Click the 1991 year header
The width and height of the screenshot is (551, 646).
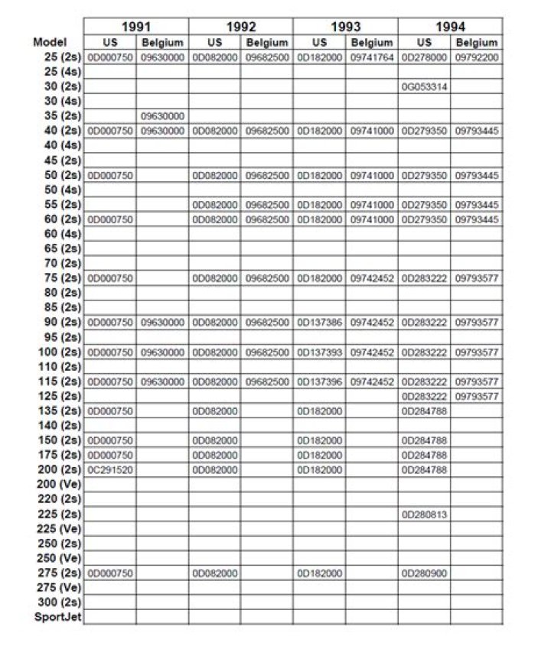[135, 27]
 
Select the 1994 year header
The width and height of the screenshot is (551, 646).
[450, 27]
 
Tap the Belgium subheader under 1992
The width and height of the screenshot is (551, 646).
[267, 43]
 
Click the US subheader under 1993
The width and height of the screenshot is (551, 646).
[319, 43]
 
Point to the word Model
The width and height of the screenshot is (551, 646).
[51, 43]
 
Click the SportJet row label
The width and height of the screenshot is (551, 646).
[58, 616]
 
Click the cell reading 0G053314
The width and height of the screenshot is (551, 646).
[424, 86]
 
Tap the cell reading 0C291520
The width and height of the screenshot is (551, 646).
[110, 469]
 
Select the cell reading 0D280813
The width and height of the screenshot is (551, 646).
[424, 514]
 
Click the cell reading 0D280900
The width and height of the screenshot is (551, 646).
[424, 573]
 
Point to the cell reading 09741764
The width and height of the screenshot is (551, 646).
[372, 57]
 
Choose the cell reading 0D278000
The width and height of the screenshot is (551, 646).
[424, 57]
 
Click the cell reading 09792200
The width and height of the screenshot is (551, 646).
[477, 57]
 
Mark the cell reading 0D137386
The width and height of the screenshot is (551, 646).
[319, 323]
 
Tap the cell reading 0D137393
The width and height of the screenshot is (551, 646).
[319, 352]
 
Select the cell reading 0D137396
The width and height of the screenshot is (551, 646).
[319, 381]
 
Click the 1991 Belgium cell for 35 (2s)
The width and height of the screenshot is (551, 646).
[162, 116]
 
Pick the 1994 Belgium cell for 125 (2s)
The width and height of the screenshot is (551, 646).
[477, 396]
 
